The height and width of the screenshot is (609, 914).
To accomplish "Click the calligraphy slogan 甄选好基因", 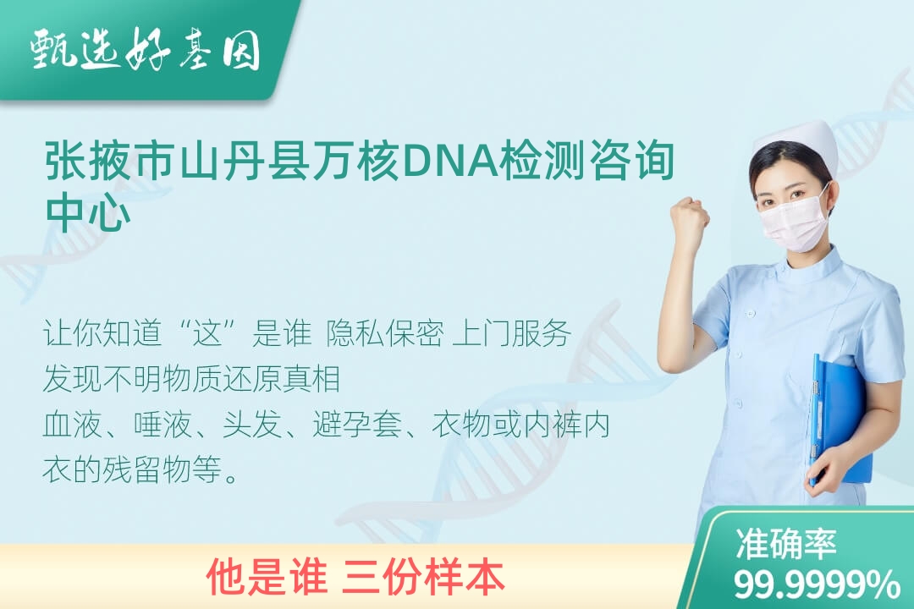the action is (x=146, y=52).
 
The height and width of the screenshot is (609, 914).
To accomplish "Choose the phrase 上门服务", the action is (x=512, y=333).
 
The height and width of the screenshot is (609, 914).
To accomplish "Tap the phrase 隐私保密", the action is (x=385, y=333).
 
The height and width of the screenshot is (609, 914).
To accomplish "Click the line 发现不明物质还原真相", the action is (x=192, y=379).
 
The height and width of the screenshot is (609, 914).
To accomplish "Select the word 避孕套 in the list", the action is (x=357, y=424).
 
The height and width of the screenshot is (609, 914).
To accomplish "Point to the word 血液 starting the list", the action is (x=72, y=424).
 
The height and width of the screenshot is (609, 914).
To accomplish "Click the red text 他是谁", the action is (x=267, y=577).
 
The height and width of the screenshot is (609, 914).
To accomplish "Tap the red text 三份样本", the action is (x=425, y=577).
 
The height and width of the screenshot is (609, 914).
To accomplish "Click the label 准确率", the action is (x=785, y=544).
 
